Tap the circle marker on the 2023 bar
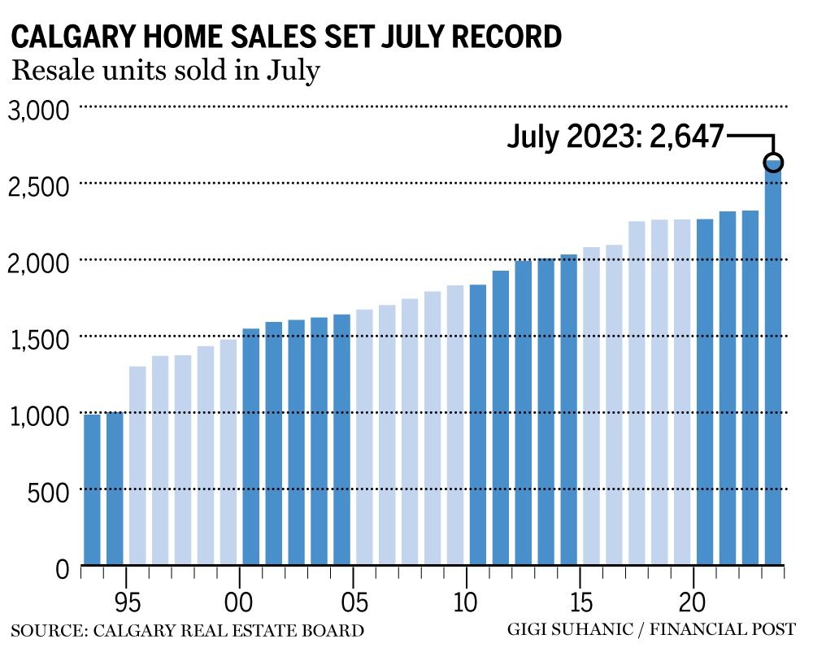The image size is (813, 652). tap(773, 161)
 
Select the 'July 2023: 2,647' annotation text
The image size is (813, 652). tap(615, 137)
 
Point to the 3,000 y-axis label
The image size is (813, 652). tap(38, 111)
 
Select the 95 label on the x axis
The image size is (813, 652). tap(126, 605)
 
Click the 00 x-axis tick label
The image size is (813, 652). tap(239, 605)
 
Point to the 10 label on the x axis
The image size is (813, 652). tap(466, 605)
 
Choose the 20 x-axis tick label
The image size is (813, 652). tap(693, 605)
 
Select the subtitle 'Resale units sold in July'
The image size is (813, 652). tap(165, 72)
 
